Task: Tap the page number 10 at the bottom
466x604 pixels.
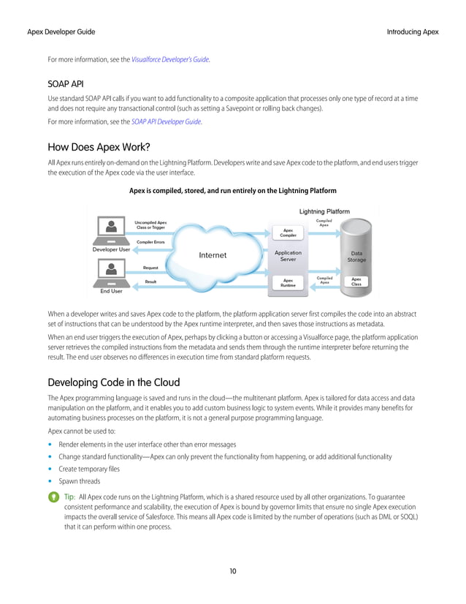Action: pos(232,571)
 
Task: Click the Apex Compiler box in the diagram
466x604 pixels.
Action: pos(289,233)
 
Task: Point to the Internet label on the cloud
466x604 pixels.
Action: pos(213,255)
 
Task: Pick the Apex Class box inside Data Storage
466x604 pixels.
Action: pos(356,281)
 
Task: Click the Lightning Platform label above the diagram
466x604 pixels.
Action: pos(324,211)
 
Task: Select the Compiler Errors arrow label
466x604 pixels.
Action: pos(150,241)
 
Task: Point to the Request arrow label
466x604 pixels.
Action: pos(150,268)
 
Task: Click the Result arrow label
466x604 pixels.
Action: pos(150,282)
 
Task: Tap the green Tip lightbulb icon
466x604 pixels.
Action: pos(53,497)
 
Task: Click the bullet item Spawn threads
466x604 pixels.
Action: pos(80,482)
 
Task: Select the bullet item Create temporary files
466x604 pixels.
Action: pos(90,469)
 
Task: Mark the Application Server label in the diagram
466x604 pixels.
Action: pos(288,256)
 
